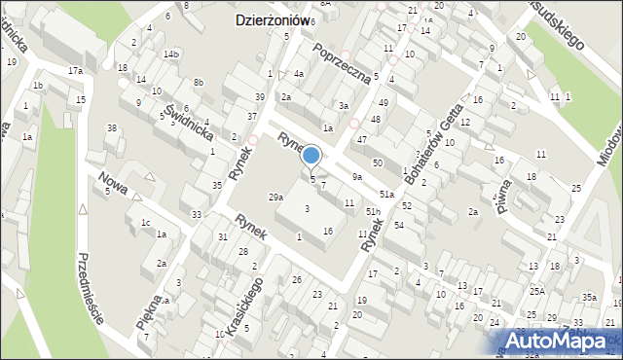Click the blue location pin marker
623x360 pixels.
point(311,156)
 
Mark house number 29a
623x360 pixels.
point(276,198)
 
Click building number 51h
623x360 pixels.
point(372,211)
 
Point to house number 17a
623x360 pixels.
point(75,71)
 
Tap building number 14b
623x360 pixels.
point(171,54)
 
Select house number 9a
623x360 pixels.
point(357,176)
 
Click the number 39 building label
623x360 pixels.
point(259,97)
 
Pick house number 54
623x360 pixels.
point(399,226)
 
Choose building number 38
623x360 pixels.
point(112,128)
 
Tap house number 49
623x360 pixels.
point(384,102)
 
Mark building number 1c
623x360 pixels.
point(145,223)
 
